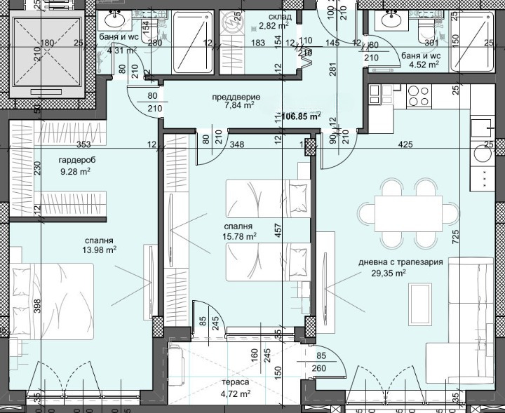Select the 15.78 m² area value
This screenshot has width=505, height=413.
pos(240,236)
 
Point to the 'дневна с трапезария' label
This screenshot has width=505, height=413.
pos(400,262)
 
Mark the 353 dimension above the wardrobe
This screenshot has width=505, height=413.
pos(85,145)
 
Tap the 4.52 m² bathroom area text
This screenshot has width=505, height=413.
pos(425,65)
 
